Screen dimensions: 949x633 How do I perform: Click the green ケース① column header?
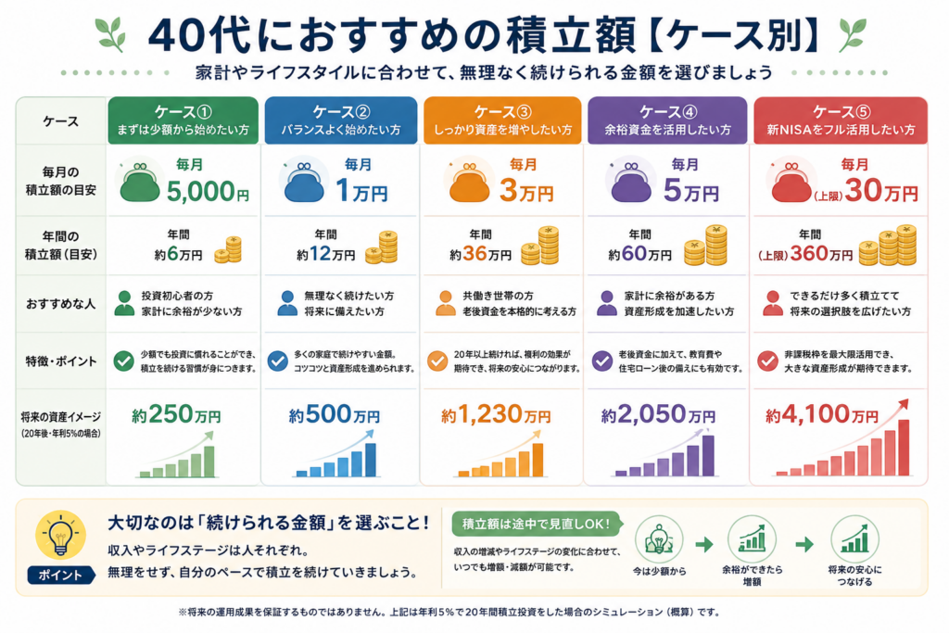(x=183, y=120)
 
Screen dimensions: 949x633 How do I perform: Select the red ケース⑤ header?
(x=840, y=120)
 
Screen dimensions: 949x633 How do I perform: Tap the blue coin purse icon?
(x=304, y=183)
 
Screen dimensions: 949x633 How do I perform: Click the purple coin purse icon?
(x=630, y=183)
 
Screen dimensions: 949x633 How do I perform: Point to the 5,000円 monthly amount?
(x=208, y=191)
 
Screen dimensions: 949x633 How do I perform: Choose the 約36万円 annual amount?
(x=481, y=254)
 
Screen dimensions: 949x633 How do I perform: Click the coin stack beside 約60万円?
(x=705, y=246)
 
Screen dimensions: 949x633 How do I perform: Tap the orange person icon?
(x=446, y=303)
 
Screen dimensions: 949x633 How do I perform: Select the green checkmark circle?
(x=123, y=361)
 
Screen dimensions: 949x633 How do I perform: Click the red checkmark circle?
(x=767, y=361)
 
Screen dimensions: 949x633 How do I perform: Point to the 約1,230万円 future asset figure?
(x=496, y=415)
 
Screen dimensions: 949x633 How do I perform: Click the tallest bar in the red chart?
(x=904, y=448)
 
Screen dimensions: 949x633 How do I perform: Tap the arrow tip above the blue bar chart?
(x=373, y=432)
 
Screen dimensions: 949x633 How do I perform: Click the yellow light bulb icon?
(x=60, y=535)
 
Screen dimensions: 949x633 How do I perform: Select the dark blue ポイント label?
(x=60, y=575)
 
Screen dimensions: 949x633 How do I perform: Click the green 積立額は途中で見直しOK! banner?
(x=537, y=524)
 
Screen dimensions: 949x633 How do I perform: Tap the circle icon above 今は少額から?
(x=659, y=539)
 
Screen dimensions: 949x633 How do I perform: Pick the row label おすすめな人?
(x=60, y=304)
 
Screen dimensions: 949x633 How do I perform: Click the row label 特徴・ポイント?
(x=60, y=361)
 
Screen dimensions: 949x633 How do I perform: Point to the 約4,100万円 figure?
(x=821, y=415)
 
